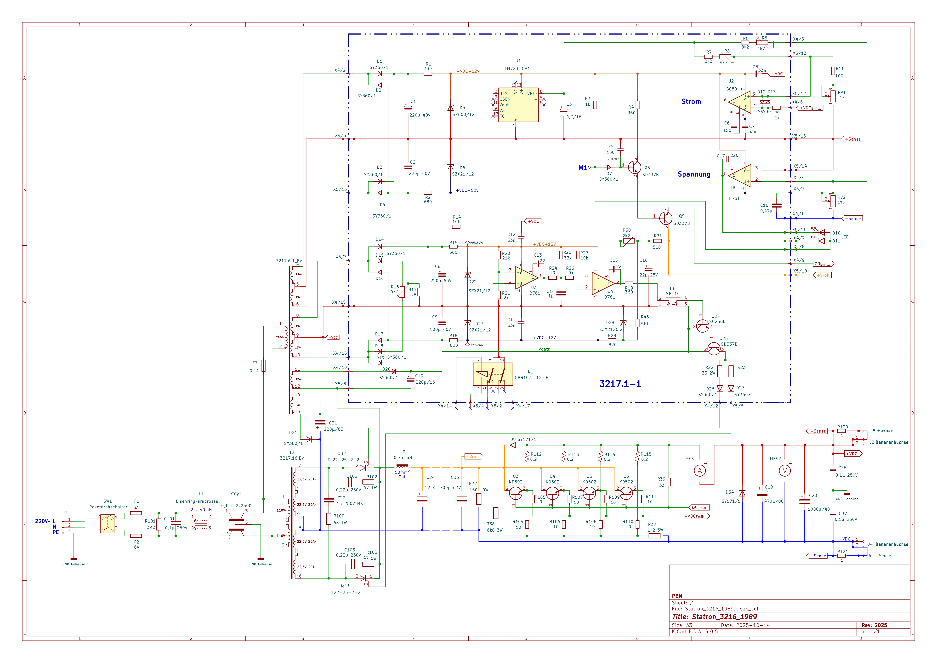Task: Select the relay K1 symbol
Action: [493, 374]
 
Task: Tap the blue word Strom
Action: [691, 102]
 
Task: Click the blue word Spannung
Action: [694, 174]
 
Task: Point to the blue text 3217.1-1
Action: [620, 384]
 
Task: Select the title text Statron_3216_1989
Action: [724, 617]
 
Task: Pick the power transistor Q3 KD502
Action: [516, 494]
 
